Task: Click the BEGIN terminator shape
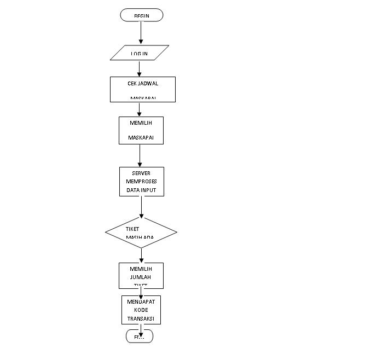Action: click(x=142, y=15)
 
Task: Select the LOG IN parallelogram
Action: click(x=141, y=53)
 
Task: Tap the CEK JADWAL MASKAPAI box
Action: click(x=143, y=89)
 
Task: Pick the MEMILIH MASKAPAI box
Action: click(x=141, y=130)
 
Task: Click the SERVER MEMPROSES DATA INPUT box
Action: click(x=141, y=181)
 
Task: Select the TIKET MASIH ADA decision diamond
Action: click(x=141, y=233)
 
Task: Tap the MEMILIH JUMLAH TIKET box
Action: click(x=141, y=276)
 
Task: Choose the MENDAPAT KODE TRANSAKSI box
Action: click(x=141, y=310)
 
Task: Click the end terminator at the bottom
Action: click(x=140, y=336)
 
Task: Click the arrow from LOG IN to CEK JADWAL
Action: click(x=140, y=68)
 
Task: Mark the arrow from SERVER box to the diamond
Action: click(x=141, y=207)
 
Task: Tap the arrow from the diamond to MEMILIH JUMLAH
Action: click(x=141, y=256)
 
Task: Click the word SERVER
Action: click(x=141, y=173)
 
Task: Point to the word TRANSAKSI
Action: click(x=141, y=318)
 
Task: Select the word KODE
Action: click(x=141, y=310)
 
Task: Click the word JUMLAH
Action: click(x=141, y=277)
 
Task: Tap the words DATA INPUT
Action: click(x=141, y=189)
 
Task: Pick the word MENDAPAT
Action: click(x=141, y=301)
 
